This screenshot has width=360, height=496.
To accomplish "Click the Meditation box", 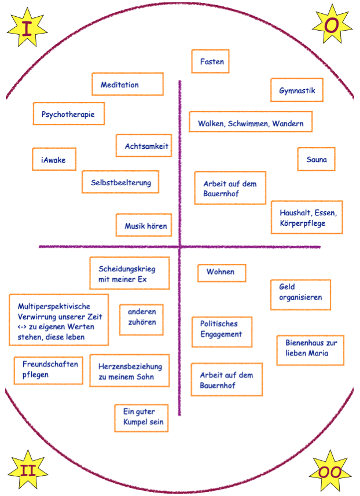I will [x=127, y=84].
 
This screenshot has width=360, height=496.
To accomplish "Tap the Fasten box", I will [x=211, y=61].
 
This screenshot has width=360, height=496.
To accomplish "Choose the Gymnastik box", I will [x=297, y=91].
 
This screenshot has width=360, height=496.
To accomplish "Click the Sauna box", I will [x=317, y=159].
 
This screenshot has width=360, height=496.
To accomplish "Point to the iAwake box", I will [x=54, y=159].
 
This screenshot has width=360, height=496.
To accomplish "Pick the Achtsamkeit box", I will [x=143, y=146].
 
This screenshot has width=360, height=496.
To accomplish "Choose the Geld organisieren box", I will [x=300, y=295].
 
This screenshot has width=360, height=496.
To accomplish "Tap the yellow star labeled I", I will [x=27, y=27].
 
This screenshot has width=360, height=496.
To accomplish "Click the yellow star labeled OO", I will [x=330, y=472].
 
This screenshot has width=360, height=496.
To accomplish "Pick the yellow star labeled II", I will [x=27, y=469].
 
